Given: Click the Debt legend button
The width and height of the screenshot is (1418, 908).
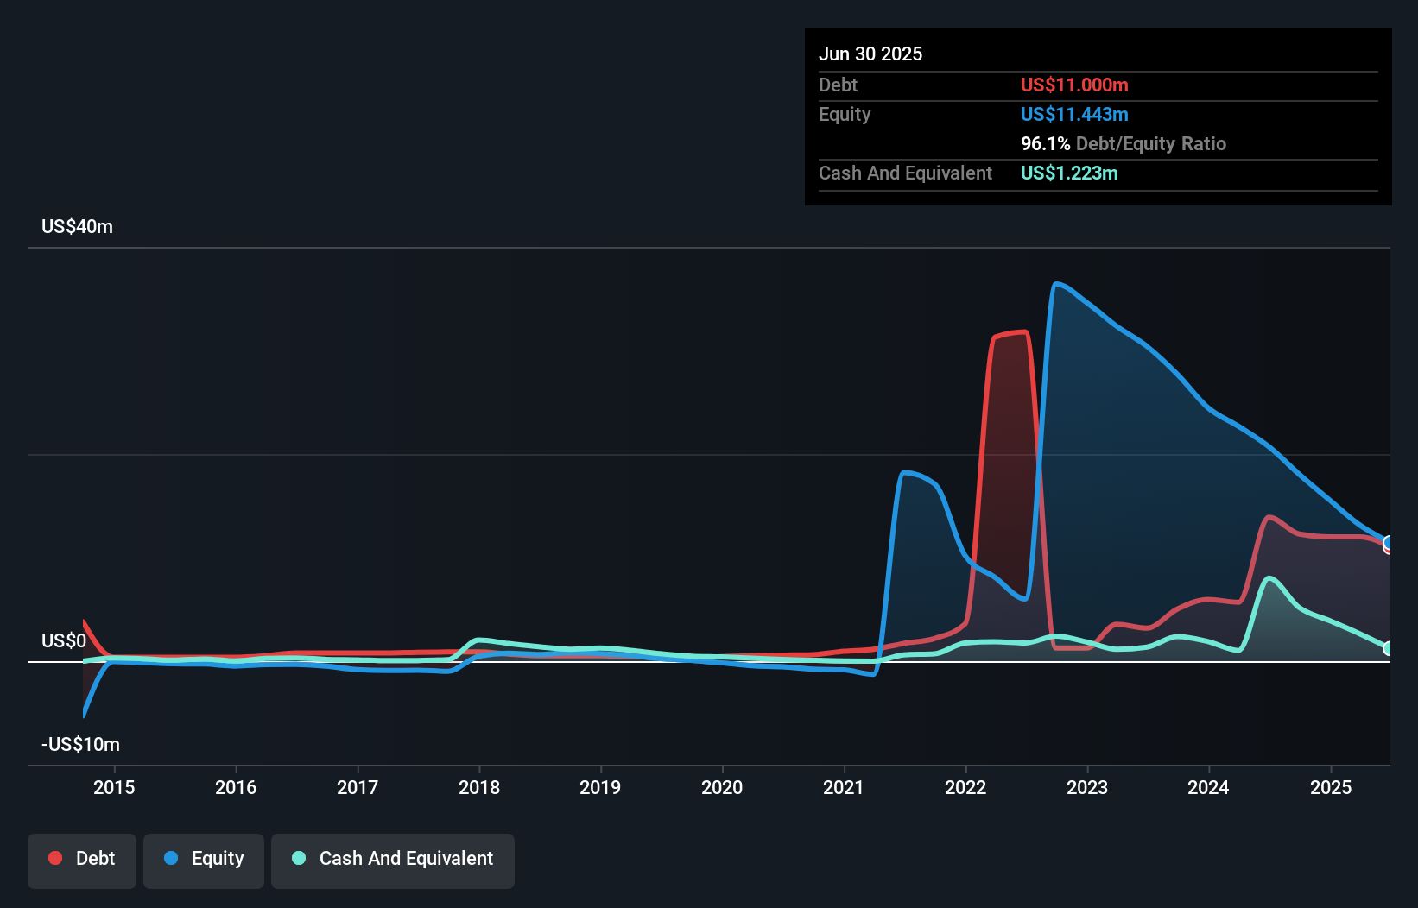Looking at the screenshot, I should [82, 859].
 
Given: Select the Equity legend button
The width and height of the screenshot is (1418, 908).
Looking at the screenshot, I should [204, 859].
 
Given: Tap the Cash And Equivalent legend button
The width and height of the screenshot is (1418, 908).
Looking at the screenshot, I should [393, 859].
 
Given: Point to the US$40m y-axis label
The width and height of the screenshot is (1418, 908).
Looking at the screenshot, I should [77, 227].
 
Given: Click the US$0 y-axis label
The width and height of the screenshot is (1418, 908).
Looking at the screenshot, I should [64, 641].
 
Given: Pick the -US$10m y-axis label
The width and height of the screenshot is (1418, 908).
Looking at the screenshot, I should [80, 745].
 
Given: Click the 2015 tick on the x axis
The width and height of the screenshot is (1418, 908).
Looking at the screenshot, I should [114, 787].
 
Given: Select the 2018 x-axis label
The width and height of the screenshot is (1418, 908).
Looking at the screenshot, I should [479, 787].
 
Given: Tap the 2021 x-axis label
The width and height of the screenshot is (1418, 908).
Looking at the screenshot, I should [844, 787].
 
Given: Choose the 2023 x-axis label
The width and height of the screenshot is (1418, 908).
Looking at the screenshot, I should [1087, 787].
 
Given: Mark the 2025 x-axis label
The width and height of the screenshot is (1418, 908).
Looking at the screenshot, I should [1331, 787].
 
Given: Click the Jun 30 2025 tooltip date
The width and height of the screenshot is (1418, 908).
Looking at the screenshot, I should [870, 54].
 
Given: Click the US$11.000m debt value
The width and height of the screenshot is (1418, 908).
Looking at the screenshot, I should [1074, 85].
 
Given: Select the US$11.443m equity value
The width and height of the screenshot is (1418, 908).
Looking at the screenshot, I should [1074, 115].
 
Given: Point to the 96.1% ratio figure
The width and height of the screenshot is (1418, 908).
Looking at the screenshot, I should [1045, 144].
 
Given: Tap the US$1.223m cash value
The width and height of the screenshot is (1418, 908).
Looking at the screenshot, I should [1069, 173].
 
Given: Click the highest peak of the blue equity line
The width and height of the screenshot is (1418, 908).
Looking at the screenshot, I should [1057, 284].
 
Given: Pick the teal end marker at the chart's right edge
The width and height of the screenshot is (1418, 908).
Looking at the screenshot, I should [1388, 648].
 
